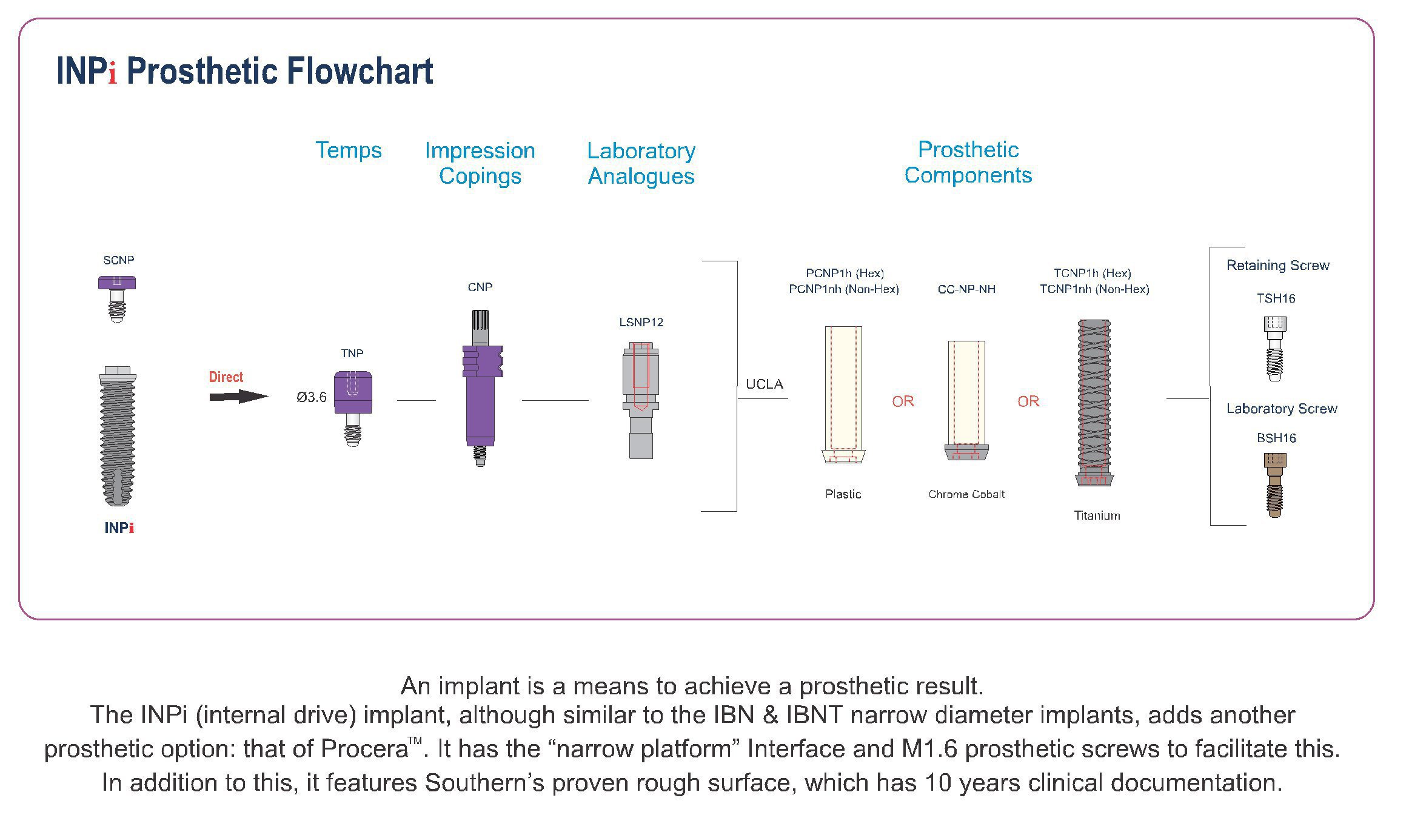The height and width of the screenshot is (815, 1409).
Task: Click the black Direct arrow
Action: tap(238, 397)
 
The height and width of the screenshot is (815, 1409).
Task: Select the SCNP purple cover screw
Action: tap(117, 298)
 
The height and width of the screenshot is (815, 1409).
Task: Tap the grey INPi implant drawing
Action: tap(118, 436)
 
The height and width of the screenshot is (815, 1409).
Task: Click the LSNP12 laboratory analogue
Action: tap(640, 400)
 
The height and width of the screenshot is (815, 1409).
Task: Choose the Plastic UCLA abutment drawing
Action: tap(843, 395)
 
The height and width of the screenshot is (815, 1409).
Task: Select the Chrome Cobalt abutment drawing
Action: tap(966, 400)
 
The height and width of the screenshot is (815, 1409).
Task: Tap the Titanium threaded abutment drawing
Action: tap(1094, 403)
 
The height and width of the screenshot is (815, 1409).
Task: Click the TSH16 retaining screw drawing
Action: tap(1274, 349)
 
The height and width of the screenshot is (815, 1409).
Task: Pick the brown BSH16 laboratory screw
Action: tap(1274, 485)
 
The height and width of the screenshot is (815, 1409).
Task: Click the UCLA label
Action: tap(765, 384)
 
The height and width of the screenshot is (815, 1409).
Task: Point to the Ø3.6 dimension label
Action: tap(312, 397)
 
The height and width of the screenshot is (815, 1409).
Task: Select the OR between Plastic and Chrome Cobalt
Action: tap(903, 401)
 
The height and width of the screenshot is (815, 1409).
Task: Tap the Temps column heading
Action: tap(349, 150)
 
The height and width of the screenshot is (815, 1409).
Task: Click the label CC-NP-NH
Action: tap(966, 289)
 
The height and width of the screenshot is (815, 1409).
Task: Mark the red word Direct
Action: tap(226, 377)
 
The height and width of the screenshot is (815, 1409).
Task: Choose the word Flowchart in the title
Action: tap(360, 71)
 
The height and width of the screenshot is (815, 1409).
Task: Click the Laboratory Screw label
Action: tap(1282, 409)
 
